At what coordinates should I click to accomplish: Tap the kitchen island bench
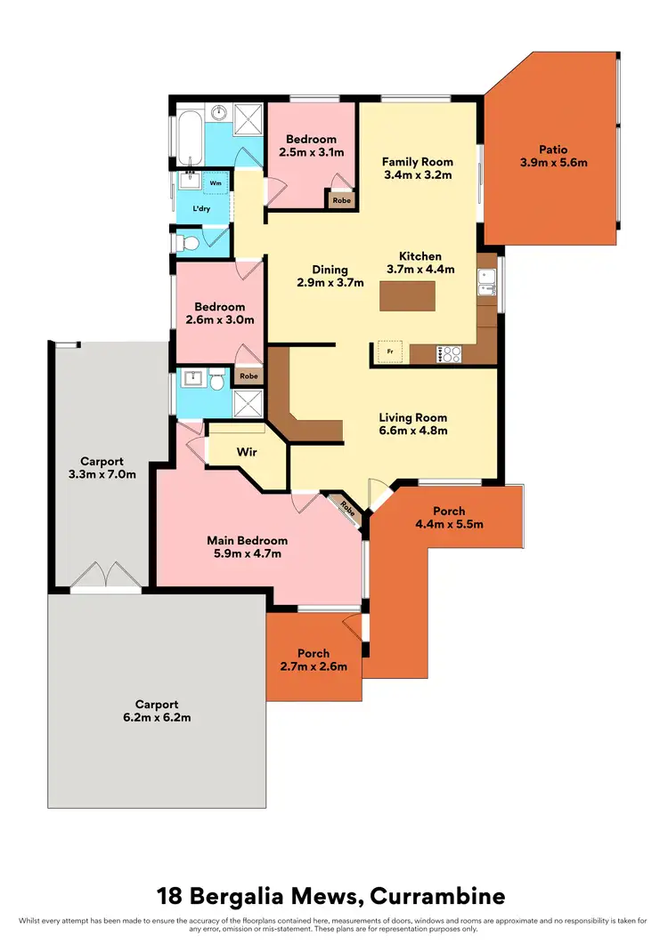[408, 294]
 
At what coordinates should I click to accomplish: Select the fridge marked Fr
[388, 352]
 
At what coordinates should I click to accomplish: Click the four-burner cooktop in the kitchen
[449, 353]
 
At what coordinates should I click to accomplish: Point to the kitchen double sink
[486, 283]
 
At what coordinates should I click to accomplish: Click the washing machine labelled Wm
[216, 182]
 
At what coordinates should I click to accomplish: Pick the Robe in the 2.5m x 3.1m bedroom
[341, 201]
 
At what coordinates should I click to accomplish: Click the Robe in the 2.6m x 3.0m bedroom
[248, 376]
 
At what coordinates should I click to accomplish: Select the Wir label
[247, 452]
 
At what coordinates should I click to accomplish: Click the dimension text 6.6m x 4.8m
[412, 431]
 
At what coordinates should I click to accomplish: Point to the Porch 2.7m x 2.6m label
[314, 659]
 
